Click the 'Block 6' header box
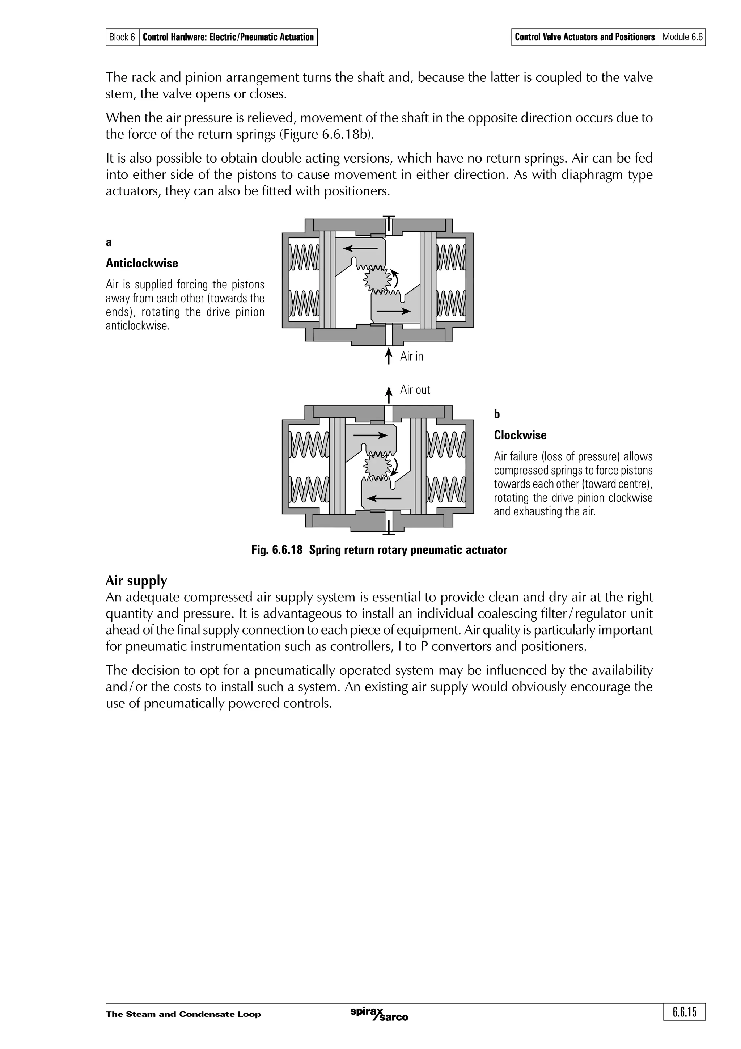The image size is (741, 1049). click(x=122, y=37)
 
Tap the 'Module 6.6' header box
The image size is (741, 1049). click(x=682, y=37)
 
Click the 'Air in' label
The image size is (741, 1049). click(x=411, y=357)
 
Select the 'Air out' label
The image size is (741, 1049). click(x=415, y=390)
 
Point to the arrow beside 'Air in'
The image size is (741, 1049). click(x=389, y=355)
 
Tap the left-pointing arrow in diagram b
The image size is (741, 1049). click(x=384, y=498)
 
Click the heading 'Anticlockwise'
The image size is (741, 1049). click(x=141, y=263)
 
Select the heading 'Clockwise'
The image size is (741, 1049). click(x=520, y=435)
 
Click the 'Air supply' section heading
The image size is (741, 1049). click(x=136, y=580)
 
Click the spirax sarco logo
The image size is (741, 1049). click(x=378, y=1014)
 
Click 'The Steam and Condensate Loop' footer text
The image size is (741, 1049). click(x=183, y=1014)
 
